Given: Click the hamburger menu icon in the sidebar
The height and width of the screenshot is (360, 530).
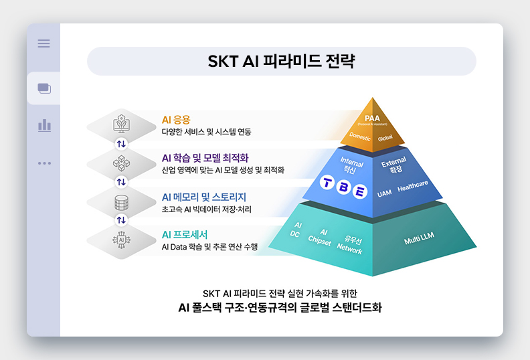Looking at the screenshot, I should [43, 43].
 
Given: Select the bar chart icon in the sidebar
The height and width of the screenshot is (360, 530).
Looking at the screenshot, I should [44, 125].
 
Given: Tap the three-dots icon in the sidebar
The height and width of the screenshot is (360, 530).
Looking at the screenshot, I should [44, 163].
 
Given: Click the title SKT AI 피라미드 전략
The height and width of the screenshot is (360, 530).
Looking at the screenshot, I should [281, 62].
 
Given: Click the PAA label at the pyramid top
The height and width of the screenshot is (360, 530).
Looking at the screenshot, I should [372, 119].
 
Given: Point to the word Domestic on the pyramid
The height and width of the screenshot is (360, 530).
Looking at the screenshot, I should [360, 137].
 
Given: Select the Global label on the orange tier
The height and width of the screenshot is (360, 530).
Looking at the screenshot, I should [385, 138].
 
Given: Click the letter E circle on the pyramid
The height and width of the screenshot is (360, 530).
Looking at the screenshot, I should [360, 192].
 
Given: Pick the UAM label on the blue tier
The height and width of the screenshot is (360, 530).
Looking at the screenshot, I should [384, 193].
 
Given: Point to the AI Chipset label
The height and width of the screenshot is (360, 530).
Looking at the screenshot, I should [320, 237].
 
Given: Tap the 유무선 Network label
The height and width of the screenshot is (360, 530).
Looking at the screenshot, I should [351, 245].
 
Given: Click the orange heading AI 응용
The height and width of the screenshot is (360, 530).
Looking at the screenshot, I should [176, 120].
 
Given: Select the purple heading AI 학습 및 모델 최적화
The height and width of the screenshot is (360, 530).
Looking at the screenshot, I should [205, 158].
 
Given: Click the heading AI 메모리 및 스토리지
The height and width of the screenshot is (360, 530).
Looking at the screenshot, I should [204, 197].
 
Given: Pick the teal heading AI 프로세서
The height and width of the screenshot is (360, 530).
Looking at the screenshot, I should [185, 234].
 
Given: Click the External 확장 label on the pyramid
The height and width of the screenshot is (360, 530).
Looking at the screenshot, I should [394, 167].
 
